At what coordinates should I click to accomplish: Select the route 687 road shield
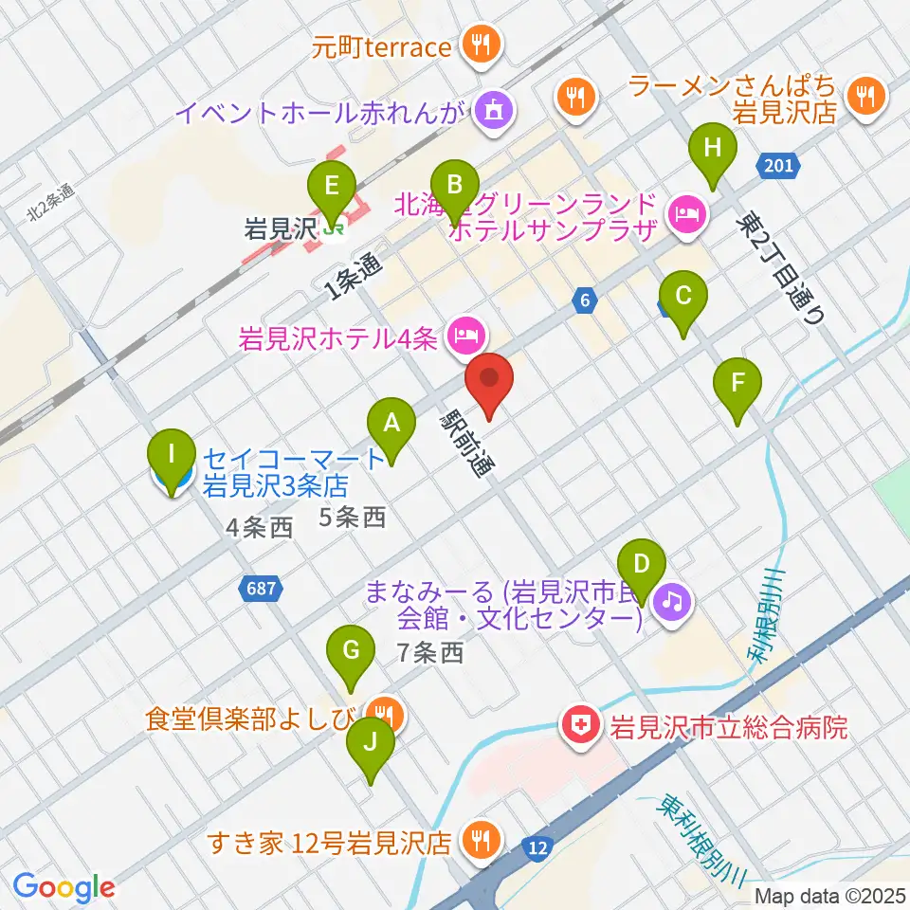point(260,590)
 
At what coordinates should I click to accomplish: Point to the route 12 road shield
point(538,846)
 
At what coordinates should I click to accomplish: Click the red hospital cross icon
point(576,727)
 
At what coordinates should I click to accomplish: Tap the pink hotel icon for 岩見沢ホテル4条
point(464,334)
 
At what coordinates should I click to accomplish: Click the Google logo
point(64,887)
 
